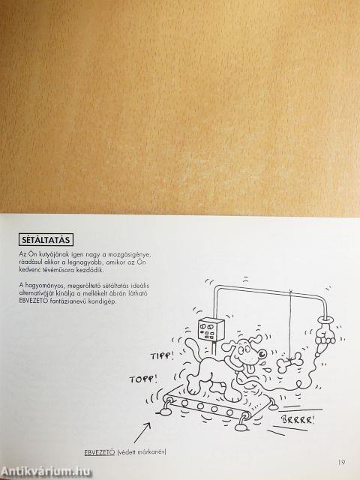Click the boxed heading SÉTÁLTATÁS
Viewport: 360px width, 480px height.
pyautogui.click(x=46, y=239)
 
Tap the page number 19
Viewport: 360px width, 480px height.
pyautogui.click(x=342, y=462)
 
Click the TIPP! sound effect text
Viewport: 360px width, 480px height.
pyautogui.click(x=162, y=355)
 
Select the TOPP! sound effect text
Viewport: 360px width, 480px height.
pyautogui.click(x=143, y=379)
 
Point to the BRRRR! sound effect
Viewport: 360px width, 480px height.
pyautogui.click(x=298, y=419)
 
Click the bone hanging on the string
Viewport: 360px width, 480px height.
pyautogui.click(x=289, y=362)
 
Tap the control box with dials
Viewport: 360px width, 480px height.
pyautogui.click(x=211, y=329)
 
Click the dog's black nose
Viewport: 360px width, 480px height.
pyautogui.click(x=262, y=354)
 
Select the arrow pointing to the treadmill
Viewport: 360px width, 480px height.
pyautogui.click(x=142, y=433)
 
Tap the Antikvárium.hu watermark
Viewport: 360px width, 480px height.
pyautogui.click(x=46, y=472)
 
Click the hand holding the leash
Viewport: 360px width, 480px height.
pyautogui.click(x=325, y=334)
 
